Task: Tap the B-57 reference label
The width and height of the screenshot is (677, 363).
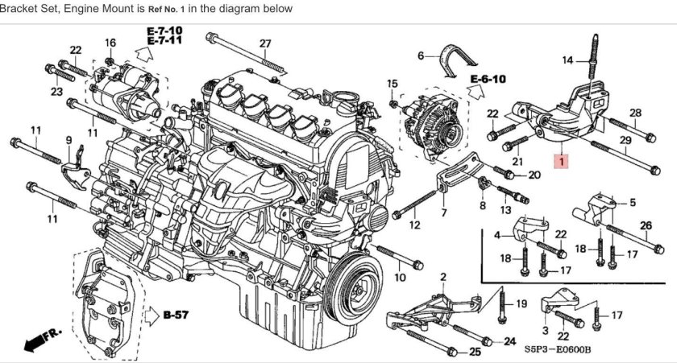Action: tap(175, 315)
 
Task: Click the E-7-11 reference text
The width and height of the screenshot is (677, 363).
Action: tap(164, 40)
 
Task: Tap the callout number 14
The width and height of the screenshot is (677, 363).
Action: tap(567, 60)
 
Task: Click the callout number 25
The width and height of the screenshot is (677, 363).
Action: tap(475, 352)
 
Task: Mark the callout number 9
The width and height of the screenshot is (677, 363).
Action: tap(69, 140)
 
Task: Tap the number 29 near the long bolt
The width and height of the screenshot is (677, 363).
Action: tap(624, 142)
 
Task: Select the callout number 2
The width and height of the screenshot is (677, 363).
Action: tap(442, 277)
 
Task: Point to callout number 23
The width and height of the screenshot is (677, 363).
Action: tap(56, 93)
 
